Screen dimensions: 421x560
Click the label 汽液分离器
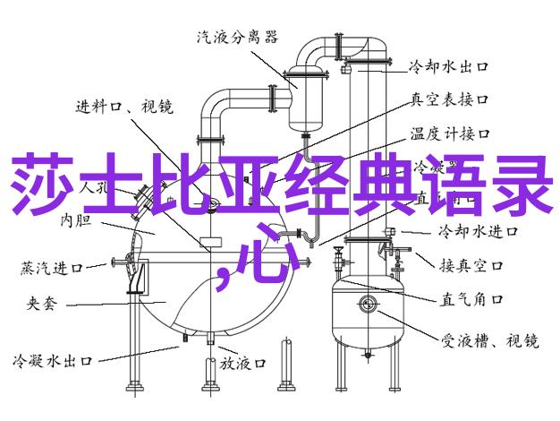tap(237, 37)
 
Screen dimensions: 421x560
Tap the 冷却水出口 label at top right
tap(448, 66)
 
